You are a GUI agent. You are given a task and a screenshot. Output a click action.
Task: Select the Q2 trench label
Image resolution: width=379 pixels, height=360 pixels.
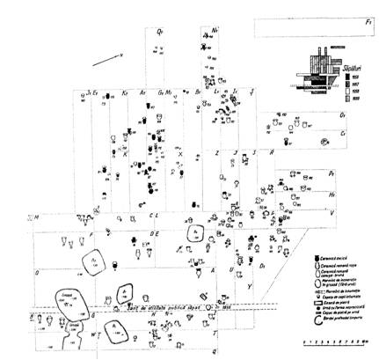[160, 32]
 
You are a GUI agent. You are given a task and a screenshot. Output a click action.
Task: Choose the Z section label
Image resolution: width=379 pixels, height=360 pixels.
[217, 151]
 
